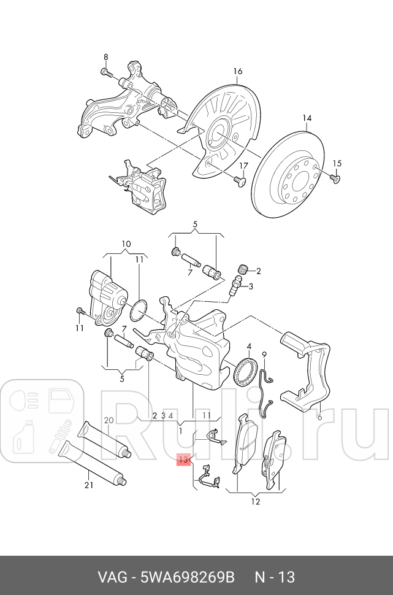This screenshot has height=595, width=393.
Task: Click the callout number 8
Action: pos(105,57)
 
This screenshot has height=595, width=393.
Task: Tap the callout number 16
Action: pos(238,72)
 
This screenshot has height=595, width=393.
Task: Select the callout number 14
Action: pos(307,118)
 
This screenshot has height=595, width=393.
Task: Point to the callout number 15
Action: pos(336,163)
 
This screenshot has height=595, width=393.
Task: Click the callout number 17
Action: pos(243,166)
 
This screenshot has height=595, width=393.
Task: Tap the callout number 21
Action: pos(88,485)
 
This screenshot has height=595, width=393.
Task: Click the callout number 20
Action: pos(109,421)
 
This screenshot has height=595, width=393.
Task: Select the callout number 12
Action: pos(255,502)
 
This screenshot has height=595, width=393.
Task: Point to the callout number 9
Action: pos(265,355)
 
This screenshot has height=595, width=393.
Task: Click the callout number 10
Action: pos(126,244)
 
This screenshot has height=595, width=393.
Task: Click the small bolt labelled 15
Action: pos(334,178)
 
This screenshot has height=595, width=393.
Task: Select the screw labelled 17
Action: pos(239,180)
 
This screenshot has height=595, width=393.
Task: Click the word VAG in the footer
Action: pos(113,577)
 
